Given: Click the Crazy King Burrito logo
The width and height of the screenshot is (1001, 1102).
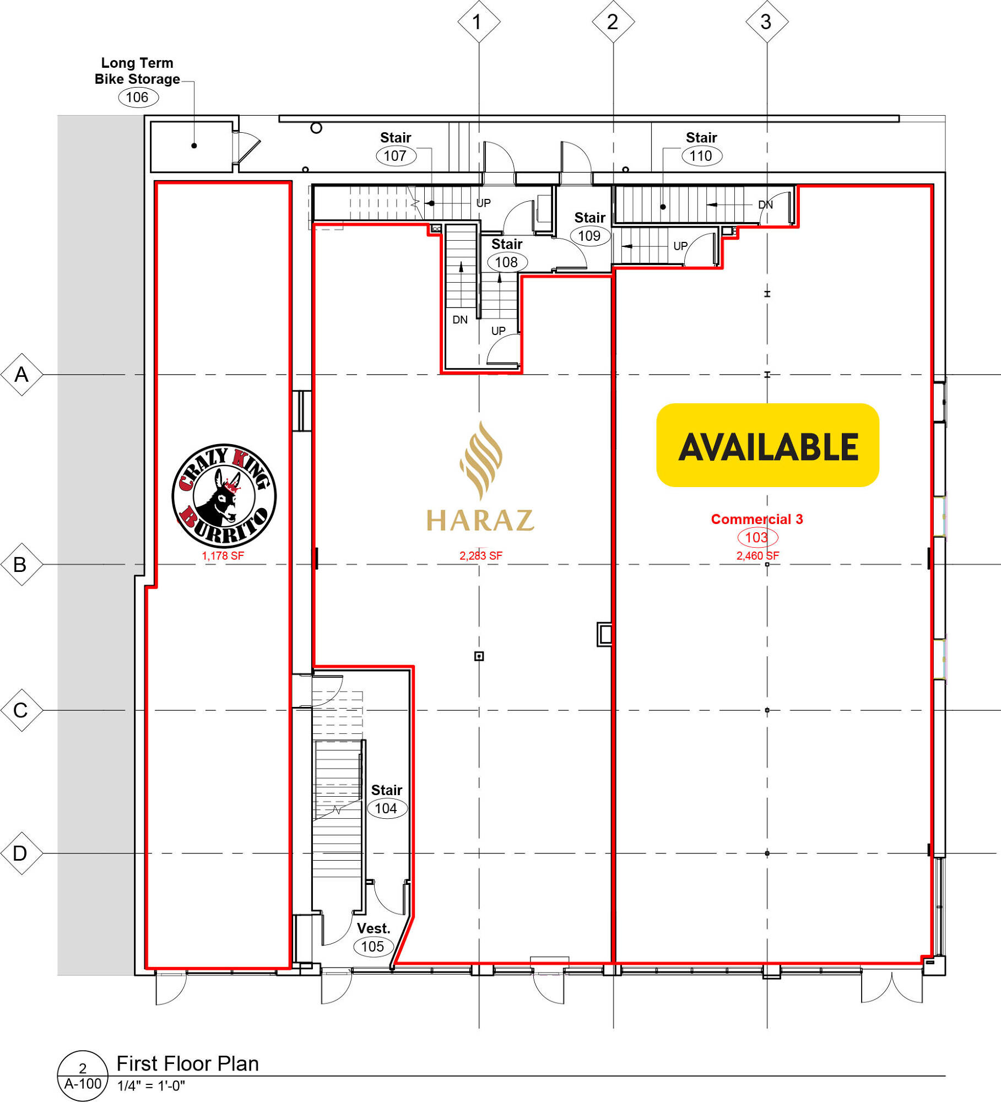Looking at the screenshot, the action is click(224, 495).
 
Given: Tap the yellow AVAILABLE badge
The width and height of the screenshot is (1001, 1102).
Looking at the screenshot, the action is click(767, 445).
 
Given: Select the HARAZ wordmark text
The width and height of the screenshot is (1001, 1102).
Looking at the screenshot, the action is click(480, 520).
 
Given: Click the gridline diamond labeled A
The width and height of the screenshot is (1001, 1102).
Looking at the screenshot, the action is click(21, 375).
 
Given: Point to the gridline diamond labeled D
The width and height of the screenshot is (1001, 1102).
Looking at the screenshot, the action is click(21, 853).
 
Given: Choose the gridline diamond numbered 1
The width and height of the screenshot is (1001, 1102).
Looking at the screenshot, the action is click(479, 21).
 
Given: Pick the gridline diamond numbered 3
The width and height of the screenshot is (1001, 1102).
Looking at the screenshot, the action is click(767, 21).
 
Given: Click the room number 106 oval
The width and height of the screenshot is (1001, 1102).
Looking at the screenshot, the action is click(138, 98).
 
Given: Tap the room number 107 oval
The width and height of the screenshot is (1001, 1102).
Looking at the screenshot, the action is click(396, 156).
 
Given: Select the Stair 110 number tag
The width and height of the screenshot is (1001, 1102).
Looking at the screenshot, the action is click(702, 156).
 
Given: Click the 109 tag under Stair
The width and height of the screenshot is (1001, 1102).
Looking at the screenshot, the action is click(590, 236).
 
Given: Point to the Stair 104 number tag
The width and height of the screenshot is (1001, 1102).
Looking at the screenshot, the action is click(387, 808).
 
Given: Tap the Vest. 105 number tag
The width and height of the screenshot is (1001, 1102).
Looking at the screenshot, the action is click(373, 947).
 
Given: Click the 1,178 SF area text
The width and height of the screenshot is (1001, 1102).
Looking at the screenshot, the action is click(223, 556).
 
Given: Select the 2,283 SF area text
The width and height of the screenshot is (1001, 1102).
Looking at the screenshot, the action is click(481, 556).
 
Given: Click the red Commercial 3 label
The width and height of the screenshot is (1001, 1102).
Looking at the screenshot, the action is click(757, 519).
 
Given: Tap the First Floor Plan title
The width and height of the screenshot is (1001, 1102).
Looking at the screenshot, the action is click(188, 1063).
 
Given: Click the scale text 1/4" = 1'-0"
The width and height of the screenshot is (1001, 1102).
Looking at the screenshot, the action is click(151, 1086).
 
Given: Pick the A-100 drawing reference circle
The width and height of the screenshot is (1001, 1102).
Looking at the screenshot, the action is click(83, 1076).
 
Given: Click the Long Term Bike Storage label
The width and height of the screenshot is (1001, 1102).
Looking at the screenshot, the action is click(137, 71).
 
